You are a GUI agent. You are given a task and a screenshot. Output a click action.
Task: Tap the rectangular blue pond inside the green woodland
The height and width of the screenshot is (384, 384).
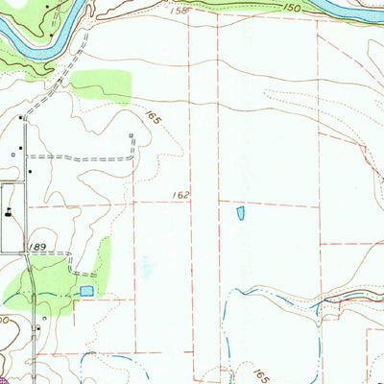pos(87,290)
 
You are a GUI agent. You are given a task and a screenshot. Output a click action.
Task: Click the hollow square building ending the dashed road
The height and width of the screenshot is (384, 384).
pos(131,136)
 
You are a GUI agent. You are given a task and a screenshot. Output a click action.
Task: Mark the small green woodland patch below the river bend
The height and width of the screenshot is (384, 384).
pos(100,85)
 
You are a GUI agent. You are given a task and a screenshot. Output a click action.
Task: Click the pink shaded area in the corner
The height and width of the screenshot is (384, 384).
pos(5,379)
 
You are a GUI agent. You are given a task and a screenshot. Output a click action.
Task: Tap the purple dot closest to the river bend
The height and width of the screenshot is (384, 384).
pos(50,35)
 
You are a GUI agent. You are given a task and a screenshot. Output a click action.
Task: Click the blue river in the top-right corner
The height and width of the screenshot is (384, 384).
pos(360,12)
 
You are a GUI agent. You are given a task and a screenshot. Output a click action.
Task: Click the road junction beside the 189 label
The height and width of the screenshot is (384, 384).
pos(26,253)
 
